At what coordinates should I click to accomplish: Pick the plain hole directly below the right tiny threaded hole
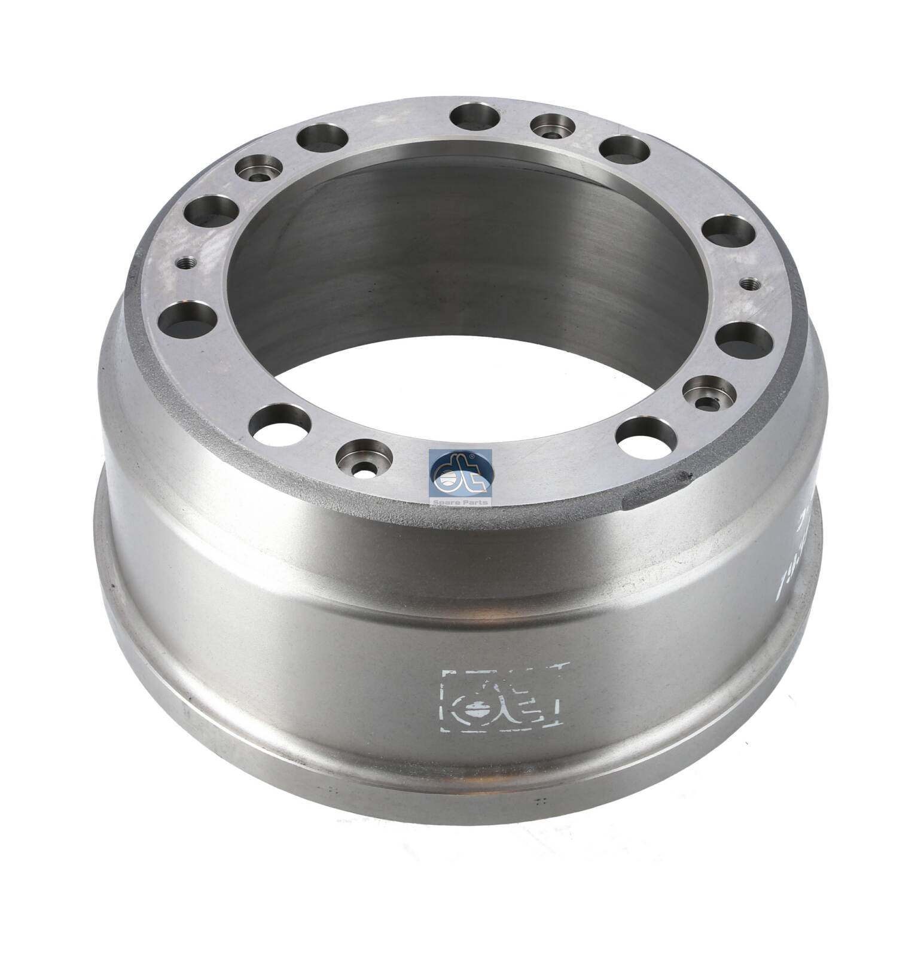pyautogui.click(x=742, y=340)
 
